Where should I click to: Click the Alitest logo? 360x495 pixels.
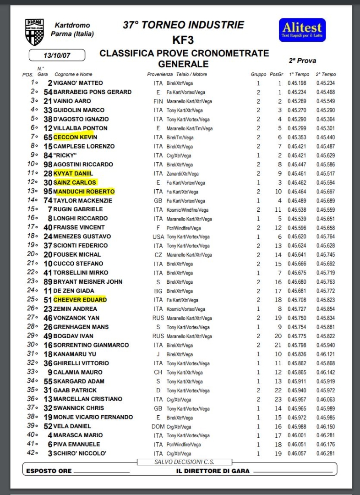[x=302, y=30]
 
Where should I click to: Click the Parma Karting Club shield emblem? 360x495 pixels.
[x=34, y=32]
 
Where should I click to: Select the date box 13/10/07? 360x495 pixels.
[x=56, y=55]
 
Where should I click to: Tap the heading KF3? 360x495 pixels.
[x=183, y=39]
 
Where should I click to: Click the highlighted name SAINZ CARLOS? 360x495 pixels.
[x=76, y=182]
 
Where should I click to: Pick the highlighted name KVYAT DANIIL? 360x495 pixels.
[x=73, y=173]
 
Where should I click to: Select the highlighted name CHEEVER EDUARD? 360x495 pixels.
[x=80, y=300]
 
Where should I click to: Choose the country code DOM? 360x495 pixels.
[x=158, y=426]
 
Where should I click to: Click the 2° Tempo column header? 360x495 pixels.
[x=326, y=74]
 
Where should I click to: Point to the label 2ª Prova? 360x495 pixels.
[x=302, y=60]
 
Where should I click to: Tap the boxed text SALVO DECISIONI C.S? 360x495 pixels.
[x=185, y=462]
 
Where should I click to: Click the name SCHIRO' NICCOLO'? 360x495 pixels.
[x=80, y=453]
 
